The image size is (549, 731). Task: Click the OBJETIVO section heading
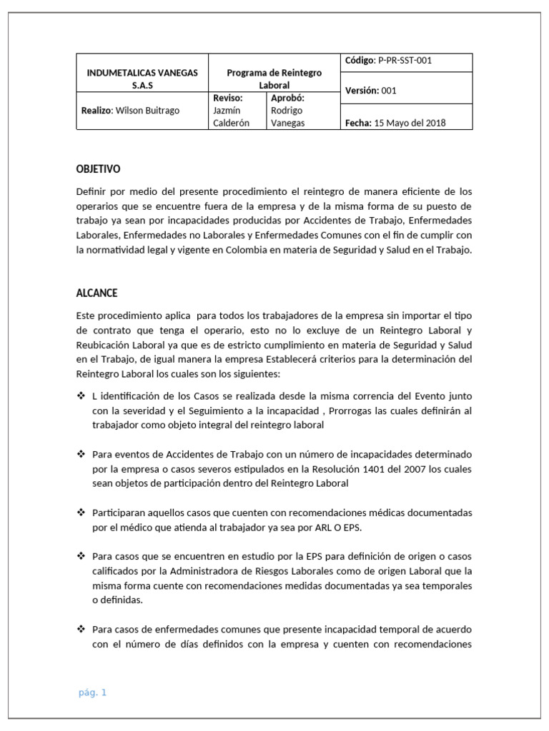tap(98, 169)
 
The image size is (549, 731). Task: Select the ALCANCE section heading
tap(97, 293)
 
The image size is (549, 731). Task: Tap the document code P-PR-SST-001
tap(405, 61)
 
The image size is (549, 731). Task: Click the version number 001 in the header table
tap(388, 91)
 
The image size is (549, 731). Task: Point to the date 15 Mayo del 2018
tap(410, 123)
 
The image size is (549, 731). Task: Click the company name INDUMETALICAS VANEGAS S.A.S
tap(142, 79)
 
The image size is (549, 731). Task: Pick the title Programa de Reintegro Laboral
tap(274, 79)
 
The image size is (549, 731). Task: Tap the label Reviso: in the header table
tap(228, 98)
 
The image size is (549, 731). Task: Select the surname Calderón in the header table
tap(232, 123)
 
